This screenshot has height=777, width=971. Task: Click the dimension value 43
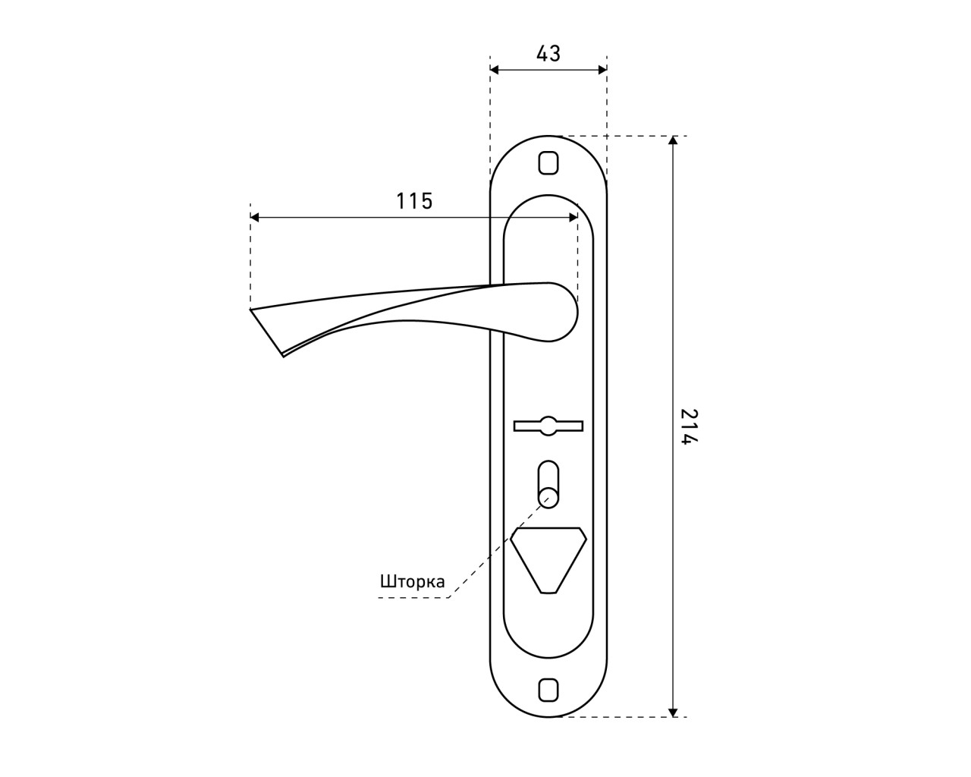[548, 54]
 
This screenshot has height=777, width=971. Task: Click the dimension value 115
[414, 201]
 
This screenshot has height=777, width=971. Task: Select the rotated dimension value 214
[689, 426]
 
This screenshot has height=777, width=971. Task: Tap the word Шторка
[413, 581]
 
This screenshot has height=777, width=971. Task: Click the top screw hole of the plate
[548, 162]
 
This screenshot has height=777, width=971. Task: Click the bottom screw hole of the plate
[548, 690]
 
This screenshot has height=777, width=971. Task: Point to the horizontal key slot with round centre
[548, 426]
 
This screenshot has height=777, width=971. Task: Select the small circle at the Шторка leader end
[548, 498]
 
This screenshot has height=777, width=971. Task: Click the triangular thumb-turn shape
[548, 560]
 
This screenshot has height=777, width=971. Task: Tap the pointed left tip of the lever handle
[251, 310]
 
